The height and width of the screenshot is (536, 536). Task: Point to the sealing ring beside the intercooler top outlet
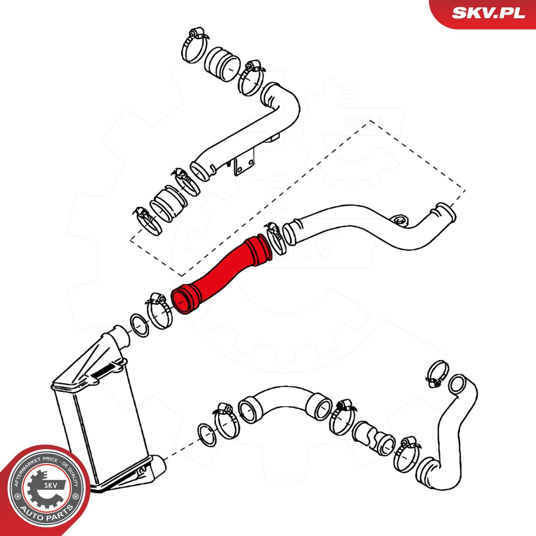139,325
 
